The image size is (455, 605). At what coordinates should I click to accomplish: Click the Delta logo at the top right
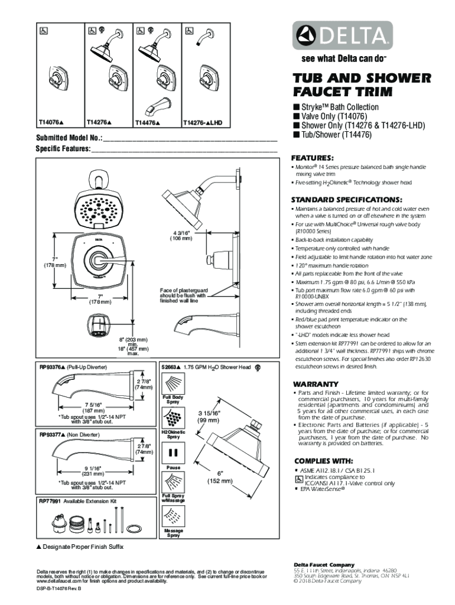342,37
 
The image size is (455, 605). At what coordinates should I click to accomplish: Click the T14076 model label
51,123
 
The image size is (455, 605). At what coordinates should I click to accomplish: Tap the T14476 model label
147,123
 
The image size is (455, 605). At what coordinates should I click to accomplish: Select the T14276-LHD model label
202,123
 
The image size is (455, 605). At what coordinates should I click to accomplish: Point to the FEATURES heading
313,158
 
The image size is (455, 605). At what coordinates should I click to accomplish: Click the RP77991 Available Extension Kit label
78,501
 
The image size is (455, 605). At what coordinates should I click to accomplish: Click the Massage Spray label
173,534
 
